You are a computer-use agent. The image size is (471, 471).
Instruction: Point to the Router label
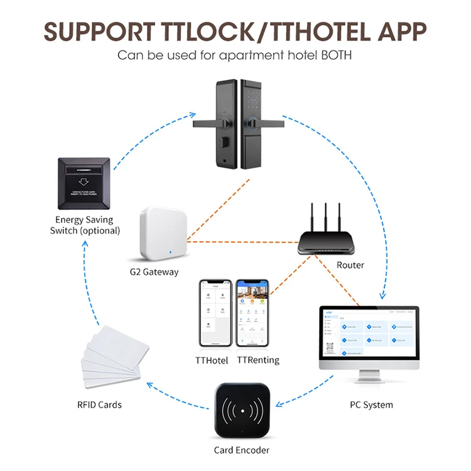(350, 265)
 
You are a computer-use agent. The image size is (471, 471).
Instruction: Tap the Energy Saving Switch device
(85, 183)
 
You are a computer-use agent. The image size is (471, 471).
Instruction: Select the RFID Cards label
(99, 404)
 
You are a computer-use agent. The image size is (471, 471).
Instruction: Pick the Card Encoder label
(241, 450)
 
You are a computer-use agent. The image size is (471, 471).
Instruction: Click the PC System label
(371, 404)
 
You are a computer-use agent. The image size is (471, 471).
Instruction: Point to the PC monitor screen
(369, 333)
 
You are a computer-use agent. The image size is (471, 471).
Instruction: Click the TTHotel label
(212, 360)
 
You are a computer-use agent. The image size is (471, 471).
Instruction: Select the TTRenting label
(258, 360)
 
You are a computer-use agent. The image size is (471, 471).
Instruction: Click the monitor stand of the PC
(369, 376)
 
